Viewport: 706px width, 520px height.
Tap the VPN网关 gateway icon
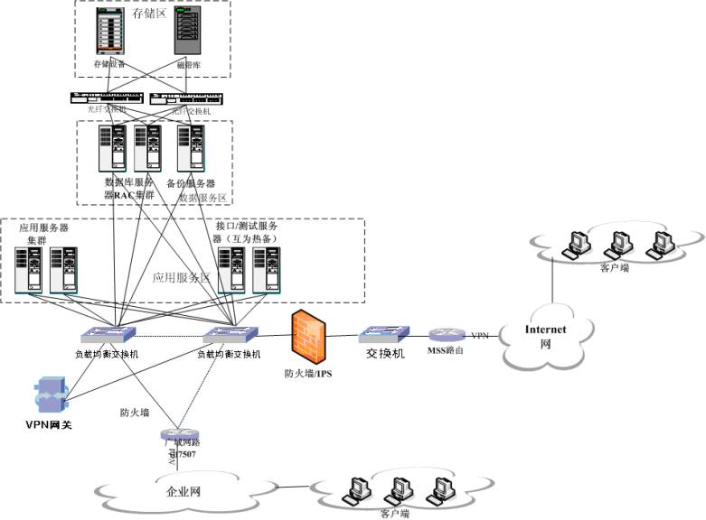click(x=47, y=396)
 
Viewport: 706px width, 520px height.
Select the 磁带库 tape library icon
click(x=187, y=32)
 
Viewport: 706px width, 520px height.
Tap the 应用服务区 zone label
click(x=181, y=278)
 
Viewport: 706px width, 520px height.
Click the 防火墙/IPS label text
click(x=309, y=372)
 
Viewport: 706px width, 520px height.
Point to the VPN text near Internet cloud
click(x=480, y=336)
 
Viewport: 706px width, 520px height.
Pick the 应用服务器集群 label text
click(x=42, y=234)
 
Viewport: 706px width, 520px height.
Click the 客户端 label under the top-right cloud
click(x=615, y=267)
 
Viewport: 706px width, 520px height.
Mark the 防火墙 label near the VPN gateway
click(x=135, y=413)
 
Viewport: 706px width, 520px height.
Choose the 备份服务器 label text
click(x=190, y=183)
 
